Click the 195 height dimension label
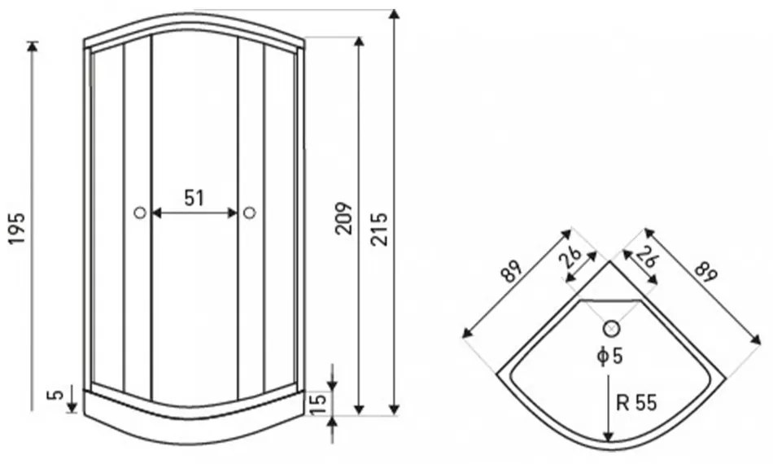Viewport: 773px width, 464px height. click(x=17, y=228)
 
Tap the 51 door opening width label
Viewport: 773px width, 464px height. click(x=194, y=198)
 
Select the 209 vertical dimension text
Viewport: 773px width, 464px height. click(x=343, y=218)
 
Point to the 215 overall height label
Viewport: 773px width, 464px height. click(x=380, y=230)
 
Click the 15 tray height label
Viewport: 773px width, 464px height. click(x=320, y=403)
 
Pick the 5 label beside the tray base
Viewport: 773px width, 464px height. click(x=58, y=395)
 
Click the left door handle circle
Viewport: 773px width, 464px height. click(x=140, y=213)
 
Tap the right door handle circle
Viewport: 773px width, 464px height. click(x=250, y=213)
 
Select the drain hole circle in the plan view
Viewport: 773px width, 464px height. click(x=611, y=328)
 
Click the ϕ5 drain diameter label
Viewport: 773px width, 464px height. click(x=609, y=356)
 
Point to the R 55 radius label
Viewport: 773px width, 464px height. click(x=636, y=403)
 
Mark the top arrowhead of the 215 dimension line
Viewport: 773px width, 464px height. click(x=393, y=14)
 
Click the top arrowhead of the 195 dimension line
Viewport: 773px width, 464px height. click(x=33, y=46)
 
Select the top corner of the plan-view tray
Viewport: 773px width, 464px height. click(x=610, y=260)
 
